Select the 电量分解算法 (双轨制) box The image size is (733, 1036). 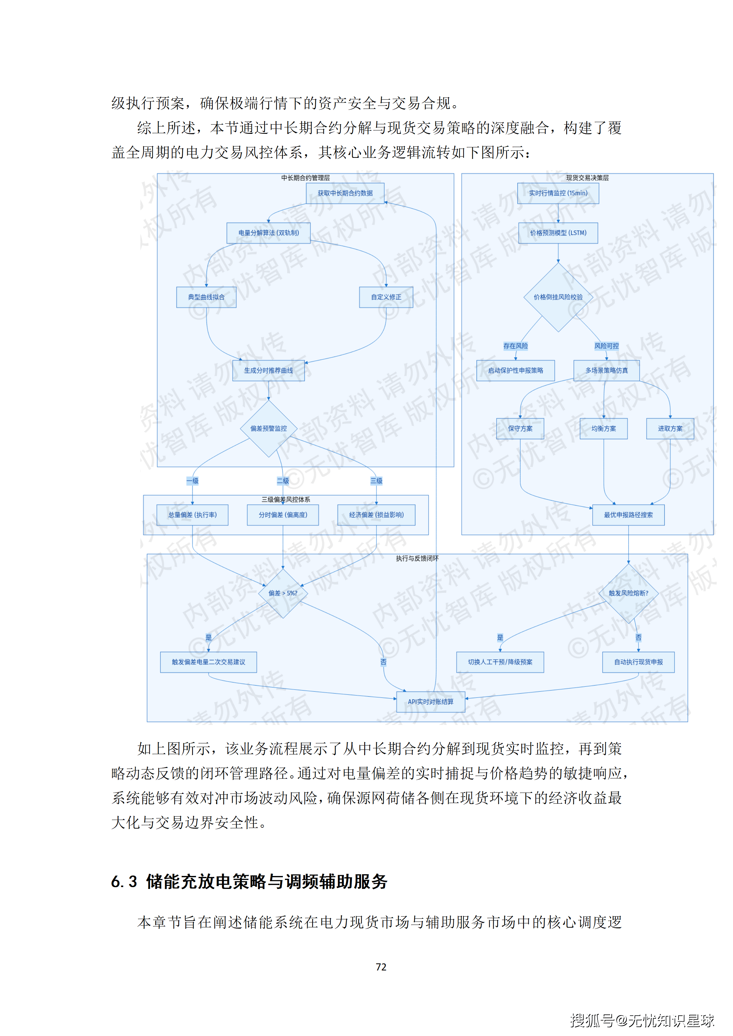[x=268, y=233]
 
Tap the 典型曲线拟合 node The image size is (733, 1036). [x=206, y=297]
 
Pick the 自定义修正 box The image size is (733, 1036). [x=386, y=297]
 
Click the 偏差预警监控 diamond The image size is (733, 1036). [x=268, y=428]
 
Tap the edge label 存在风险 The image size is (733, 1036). [x=515, y=346]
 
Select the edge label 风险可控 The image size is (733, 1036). [x=606, y=346]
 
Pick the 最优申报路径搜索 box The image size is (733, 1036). [x=628, y=515]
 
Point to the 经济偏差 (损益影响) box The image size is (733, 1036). [x=377, y=515]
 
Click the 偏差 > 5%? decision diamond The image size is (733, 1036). [x=283, y=593]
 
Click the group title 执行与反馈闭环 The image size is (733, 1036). [x=417, y=558]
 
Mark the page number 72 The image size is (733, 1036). [x=381, y=967]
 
